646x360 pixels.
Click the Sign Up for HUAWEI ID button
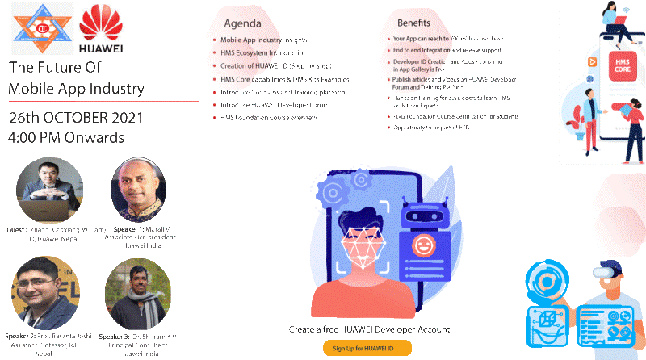367,348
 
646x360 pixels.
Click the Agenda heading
242,23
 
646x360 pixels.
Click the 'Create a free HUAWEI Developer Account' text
369,330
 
